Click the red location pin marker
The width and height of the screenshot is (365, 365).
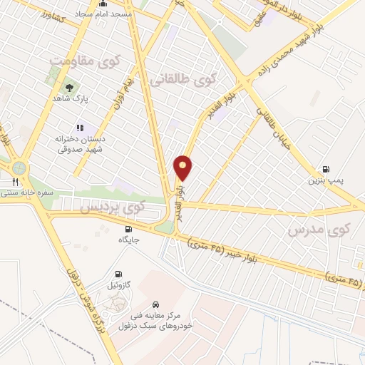(183, 168)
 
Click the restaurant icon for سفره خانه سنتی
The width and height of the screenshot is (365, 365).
(14, 181)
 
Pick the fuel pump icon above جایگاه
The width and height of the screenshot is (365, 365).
(128, 229)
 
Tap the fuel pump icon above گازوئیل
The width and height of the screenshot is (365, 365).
(118, 274)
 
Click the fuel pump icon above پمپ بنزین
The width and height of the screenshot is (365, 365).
(327, 170)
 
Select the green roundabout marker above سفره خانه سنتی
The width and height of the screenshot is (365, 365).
(18, 168)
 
